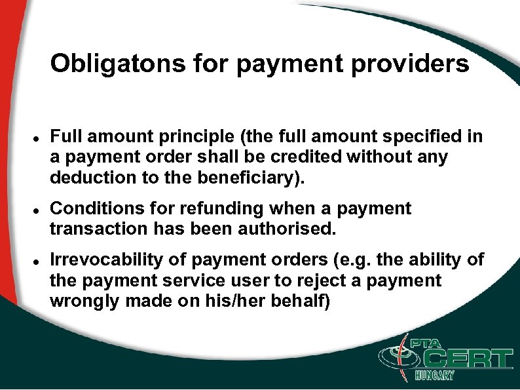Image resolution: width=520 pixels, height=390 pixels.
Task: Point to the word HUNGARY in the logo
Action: (434, 376)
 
